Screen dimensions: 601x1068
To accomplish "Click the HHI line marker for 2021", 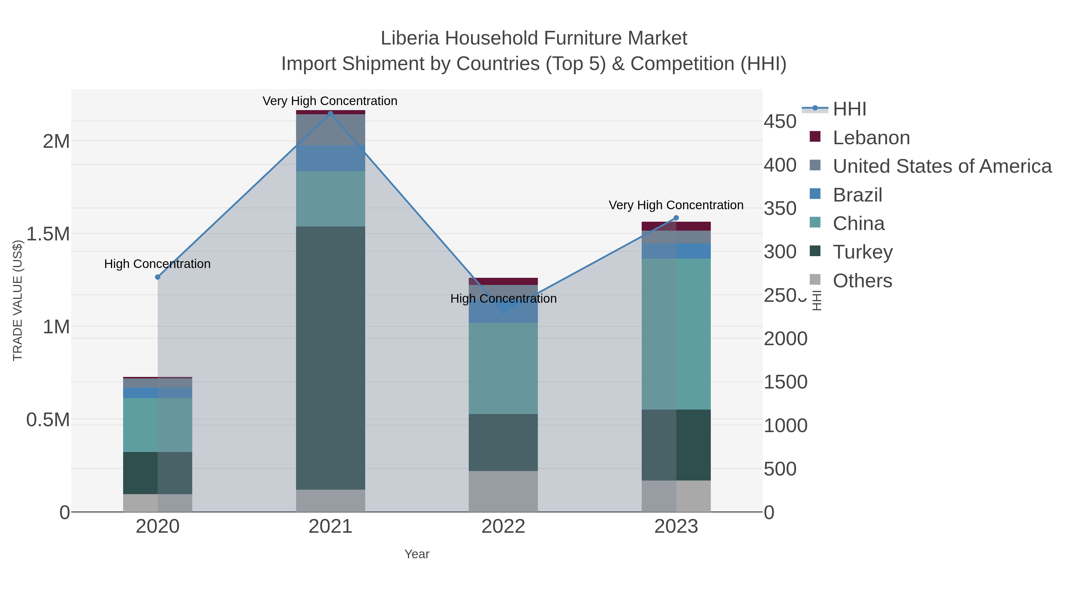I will coord(330,113).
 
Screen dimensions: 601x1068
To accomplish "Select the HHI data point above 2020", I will coord(158,277).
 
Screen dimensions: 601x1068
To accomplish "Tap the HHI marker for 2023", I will coord(676,218).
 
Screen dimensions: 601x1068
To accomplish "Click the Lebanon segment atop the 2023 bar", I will coord(676,226).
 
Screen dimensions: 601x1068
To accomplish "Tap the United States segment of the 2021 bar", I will coord(330,130).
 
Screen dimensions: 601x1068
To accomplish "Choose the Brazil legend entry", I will coord(857,195).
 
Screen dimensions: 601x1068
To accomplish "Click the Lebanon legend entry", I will coord(871,138).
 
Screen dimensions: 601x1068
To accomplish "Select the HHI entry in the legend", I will coord(849,109).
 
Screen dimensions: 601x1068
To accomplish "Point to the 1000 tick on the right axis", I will coord(785,426).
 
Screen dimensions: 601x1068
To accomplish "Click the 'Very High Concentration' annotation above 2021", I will coord(330,101).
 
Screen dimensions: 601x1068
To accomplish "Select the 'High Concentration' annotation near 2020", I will coord(157,264).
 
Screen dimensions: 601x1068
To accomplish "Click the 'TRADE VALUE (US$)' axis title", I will coord(18,300).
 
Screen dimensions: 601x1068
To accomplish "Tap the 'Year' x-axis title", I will coord(417,554).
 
